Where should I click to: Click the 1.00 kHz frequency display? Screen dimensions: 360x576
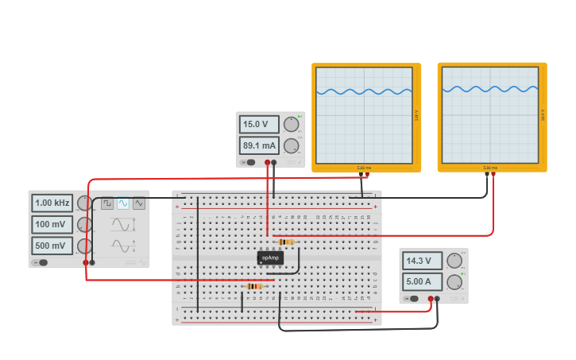click(52, 203)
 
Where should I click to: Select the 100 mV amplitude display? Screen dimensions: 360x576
click(52, 225)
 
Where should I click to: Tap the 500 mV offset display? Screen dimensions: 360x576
click(52, 246)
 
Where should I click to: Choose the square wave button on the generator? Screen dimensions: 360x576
click(106, 203)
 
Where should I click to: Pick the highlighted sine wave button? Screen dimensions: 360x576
click(123, 203)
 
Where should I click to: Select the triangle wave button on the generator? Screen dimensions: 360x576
click(139, 203)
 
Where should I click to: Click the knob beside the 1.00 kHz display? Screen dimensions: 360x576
click(83, 203)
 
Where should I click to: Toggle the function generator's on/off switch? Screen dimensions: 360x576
click(40, 262)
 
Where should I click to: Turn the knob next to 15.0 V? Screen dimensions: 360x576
click(292, 124)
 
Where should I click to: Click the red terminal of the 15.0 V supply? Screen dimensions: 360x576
click(267, 163)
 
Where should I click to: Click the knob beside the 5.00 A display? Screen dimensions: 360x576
click(454, 281)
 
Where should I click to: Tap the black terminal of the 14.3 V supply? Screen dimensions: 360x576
click(437, 300)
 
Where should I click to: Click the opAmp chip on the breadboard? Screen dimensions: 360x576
click(270, 257)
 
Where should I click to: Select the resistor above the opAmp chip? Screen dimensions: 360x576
click(285, 242)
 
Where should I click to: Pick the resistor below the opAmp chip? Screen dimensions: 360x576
click(253, 286)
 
